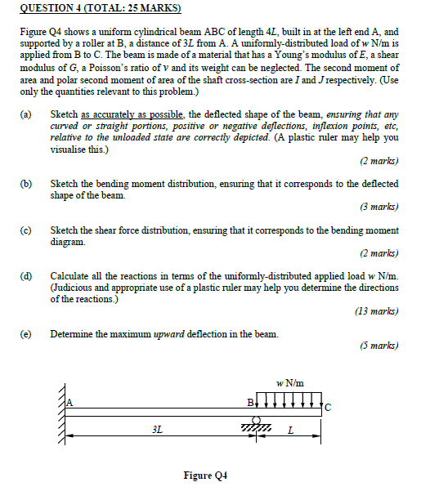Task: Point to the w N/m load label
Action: pos(289,382)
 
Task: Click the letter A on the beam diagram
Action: pos(69,401)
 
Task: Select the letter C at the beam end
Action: pos(328,406)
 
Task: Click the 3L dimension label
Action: pos(157,428)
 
